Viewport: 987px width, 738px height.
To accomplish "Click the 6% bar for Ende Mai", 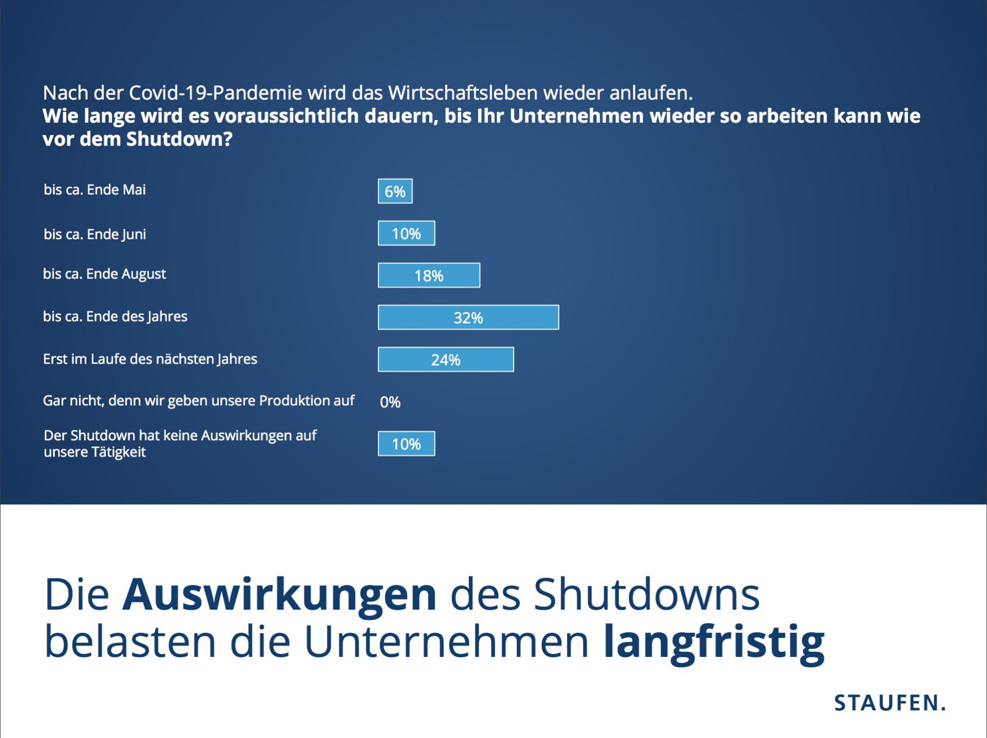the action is tap(395, 191).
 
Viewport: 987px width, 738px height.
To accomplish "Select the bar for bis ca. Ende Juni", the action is tap(406, 233).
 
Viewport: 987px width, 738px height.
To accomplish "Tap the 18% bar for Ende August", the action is tap(429, 275).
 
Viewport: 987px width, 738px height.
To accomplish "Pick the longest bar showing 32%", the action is tap(468, 317).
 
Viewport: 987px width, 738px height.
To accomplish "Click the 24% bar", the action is tap(446, 359).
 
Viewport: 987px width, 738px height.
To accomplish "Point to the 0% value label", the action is tap(390, 402).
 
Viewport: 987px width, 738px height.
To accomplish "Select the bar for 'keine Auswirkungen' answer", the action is tap(406, 444).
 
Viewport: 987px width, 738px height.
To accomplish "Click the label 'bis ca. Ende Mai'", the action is tap(95, 190).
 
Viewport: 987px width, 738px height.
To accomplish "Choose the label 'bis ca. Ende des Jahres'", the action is tap(115, 317).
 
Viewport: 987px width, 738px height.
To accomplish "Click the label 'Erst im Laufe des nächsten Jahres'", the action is tap(150, 359).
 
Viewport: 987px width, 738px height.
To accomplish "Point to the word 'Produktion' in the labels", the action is tap(291, 401).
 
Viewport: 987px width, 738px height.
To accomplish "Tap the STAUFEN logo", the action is tap(890, 703).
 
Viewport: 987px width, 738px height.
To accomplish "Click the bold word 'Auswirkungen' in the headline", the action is tap(279, 595).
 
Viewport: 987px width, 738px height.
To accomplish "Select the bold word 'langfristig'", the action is tap(714, 642).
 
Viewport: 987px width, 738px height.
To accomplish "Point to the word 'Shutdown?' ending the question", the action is tap(179, 139).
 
